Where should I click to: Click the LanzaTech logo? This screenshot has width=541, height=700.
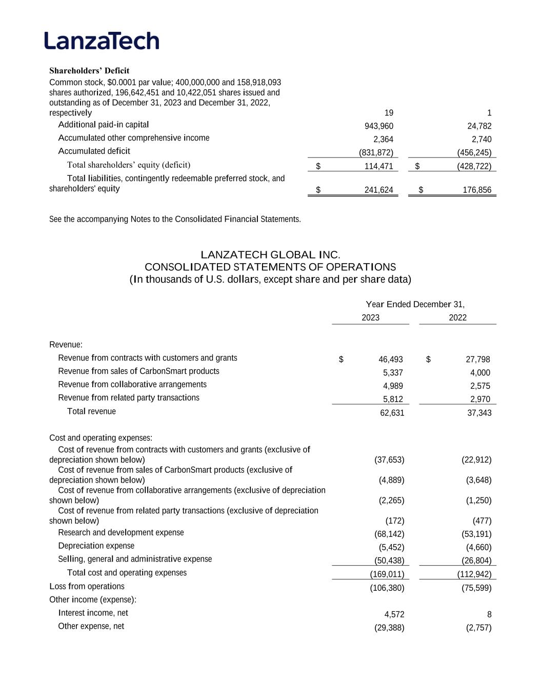[x=102, y=41]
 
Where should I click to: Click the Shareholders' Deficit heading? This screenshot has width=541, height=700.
[x=89, y=71]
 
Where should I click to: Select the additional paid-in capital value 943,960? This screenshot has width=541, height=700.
[x=379, y=126]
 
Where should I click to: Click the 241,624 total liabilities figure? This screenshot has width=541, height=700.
[x=378, y=190]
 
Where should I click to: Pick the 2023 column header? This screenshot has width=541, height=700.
[x=370, y=318]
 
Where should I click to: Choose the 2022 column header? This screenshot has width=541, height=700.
[x=457, y=318]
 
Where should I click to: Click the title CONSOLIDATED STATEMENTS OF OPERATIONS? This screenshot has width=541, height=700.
[x=270, y=267]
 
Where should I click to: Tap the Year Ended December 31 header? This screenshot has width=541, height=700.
[x=415, y=305]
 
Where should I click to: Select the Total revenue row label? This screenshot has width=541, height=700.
[x=91, y=412]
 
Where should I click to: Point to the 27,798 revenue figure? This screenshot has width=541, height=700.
[x=476, y=359]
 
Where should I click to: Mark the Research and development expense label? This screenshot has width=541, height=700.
[x=121, y=533]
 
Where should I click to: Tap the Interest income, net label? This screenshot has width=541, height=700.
[x=93, y=613]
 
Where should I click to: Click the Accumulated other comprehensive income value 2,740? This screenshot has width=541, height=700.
[x=481, y=139]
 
